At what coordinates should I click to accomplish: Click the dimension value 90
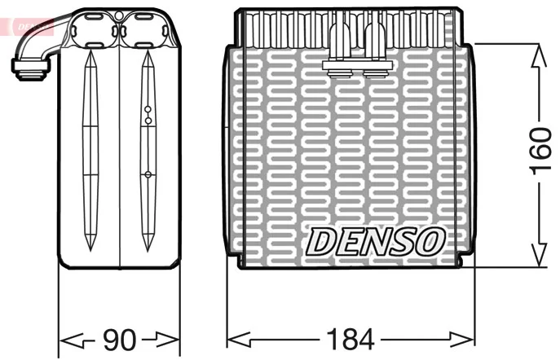click(120, 340)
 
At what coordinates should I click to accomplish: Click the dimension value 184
click(351, 340)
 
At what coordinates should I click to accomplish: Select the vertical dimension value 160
click(541, 151)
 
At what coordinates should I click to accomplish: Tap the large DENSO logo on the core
click(376, 242)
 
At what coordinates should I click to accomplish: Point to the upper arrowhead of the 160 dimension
click(539, 55)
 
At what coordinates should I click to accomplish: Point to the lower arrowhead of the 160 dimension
click(539, 255)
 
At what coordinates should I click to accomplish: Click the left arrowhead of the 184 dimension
click(239, 340)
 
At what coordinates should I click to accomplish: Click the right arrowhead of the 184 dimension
click(462, 340)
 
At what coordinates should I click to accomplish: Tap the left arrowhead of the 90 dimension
click(71, 340)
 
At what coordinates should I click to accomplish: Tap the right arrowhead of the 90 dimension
click(167, 340)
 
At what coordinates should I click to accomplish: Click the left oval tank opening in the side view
click(94, 30)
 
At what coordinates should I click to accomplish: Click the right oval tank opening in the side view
click(143, 30)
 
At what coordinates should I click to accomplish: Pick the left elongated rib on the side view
click(90, 150)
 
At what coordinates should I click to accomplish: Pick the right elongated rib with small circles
click(148, 151)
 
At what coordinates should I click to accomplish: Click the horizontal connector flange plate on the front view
click(358, 65)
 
